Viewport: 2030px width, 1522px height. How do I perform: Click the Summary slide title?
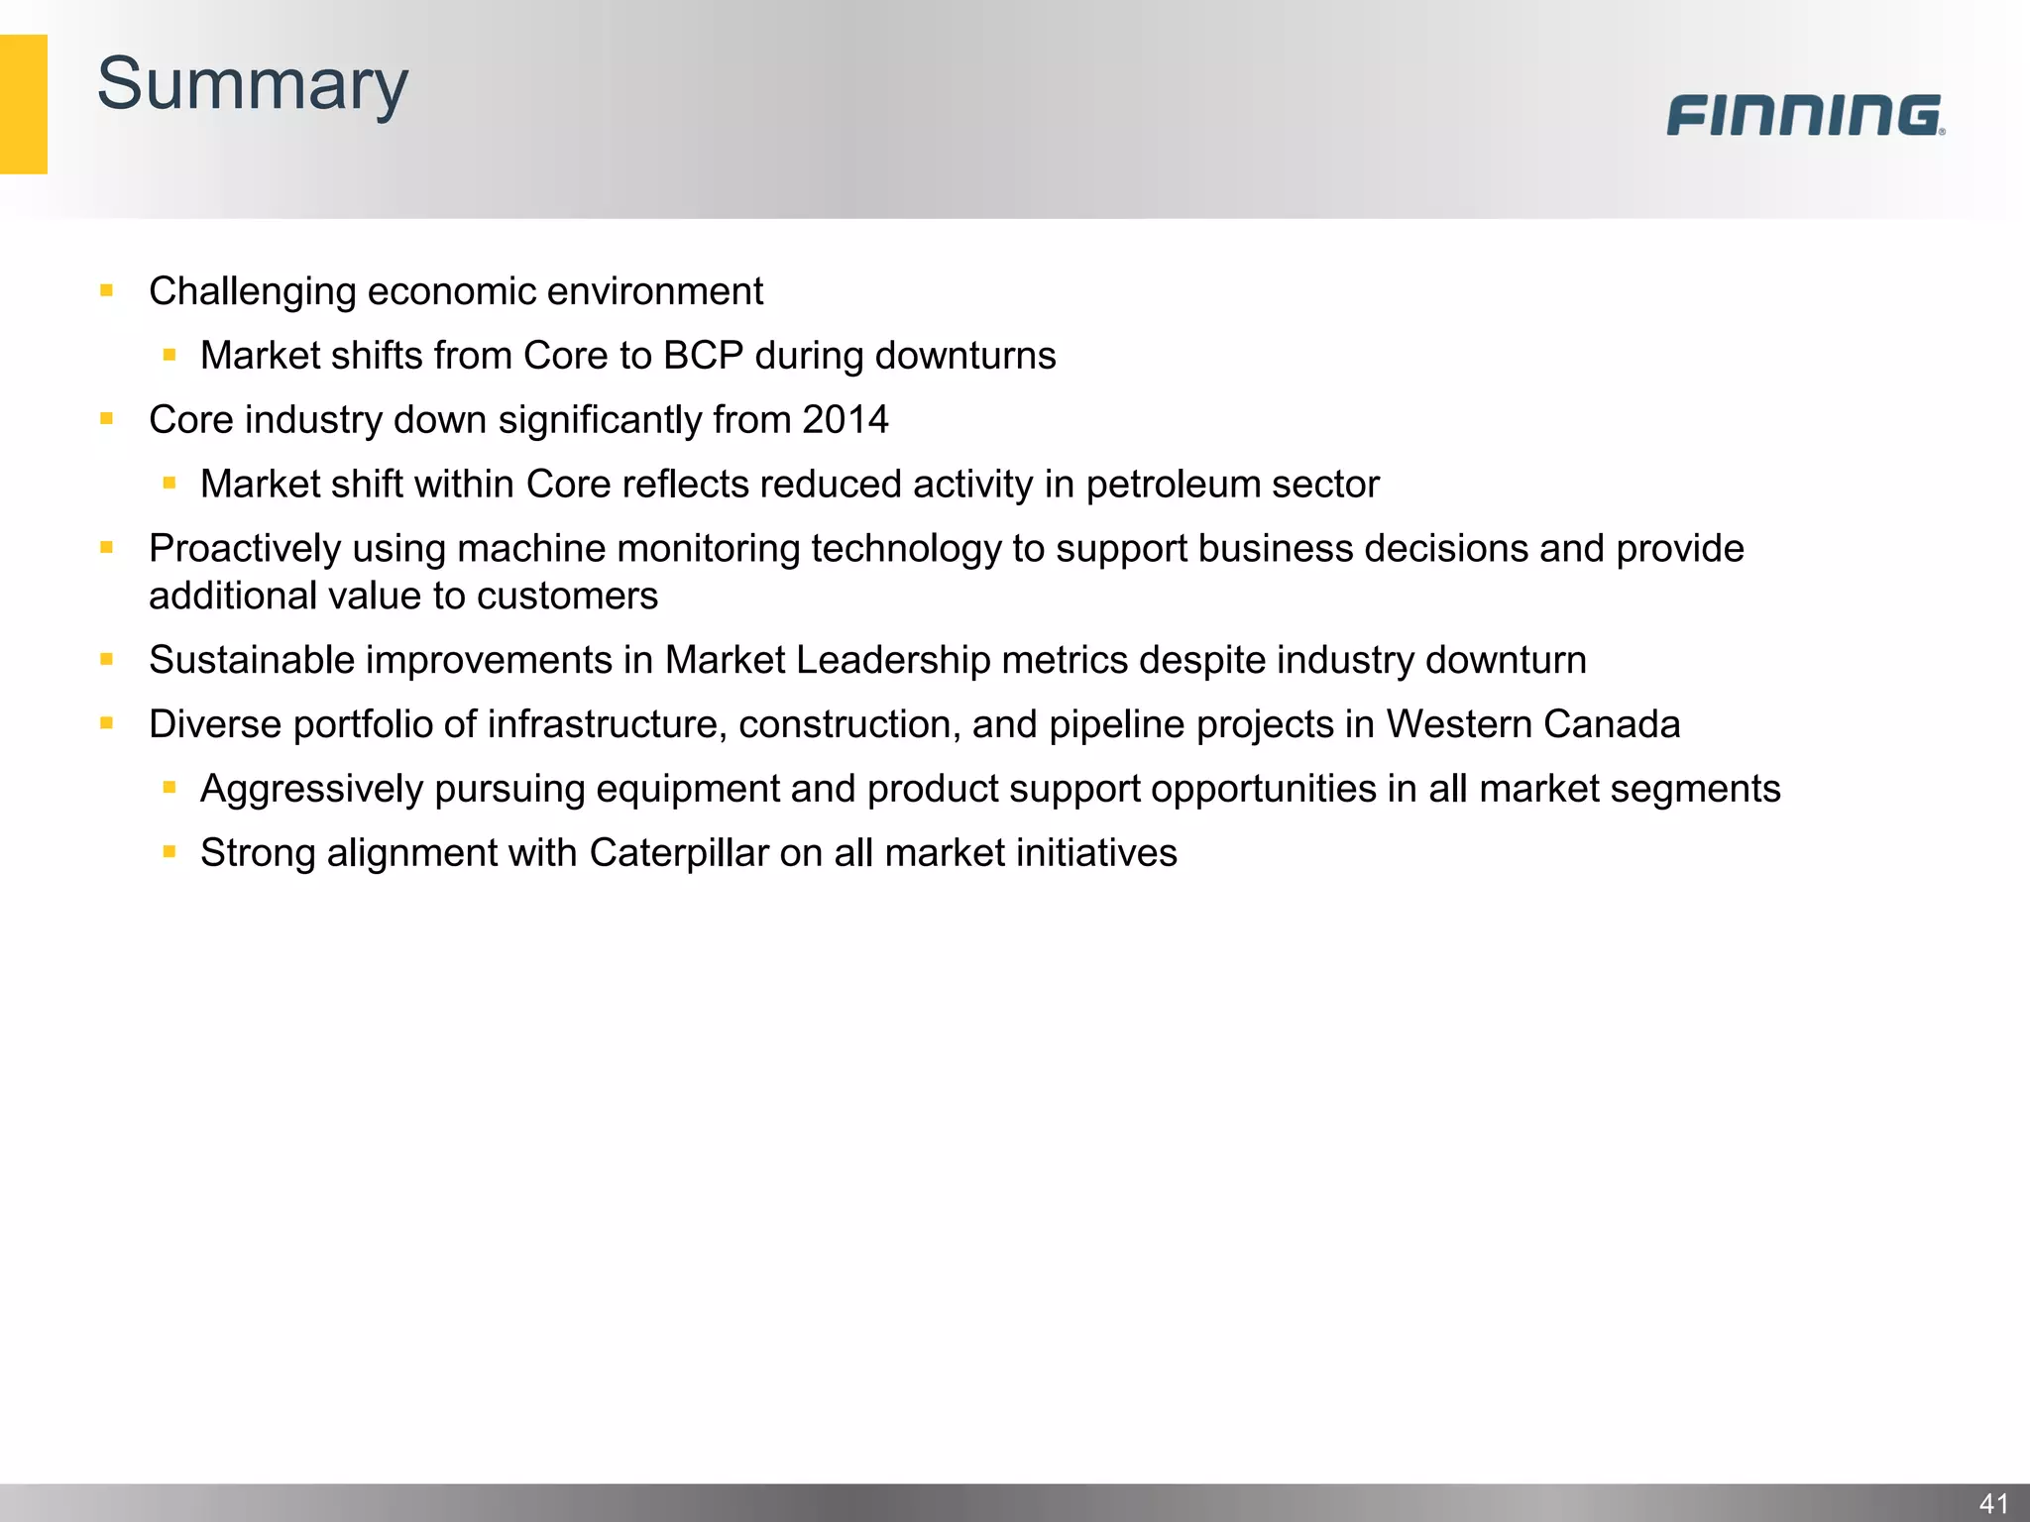[252, 85]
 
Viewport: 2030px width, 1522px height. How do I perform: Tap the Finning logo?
[1805, 115]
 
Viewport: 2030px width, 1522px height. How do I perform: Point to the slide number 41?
[1993, 1503]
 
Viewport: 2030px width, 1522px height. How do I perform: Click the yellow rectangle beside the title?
[23, 104]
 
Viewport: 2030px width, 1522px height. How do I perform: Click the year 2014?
[845, 420]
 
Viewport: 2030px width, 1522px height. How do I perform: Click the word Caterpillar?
[679, 853]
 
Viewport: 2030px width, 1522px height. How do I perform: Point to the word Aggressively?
[311, 790]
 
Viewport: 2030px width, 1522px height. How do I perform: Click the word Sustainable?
[250, 660]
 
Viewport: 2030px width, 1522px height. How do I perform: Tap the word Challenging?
[252, 292]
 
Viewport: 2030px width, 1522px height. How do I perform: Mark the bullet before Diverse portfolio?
[107, 723]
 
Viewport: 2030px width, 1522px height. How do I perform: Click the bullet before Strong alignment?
[169, 851]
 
